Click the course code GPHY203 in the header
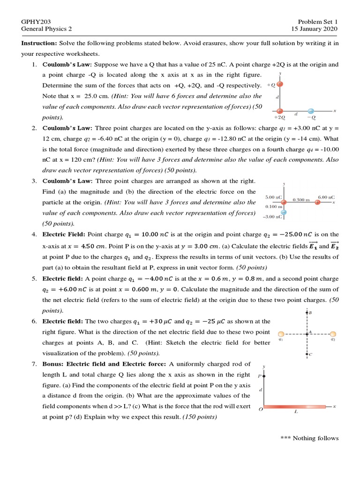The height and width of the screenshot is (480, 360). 36,22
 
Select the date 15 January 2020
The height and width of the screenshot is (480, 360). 314,29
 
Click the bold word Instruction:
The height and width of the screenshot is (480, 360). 39,43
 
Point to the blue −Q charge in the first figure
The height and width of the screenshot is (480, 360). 310,111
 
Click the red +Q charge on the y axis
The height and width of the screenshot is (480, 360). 280,84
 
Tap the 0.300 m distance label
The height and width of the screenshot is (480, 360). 301,200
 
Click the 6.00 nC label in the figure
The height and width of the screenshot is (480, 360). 326,197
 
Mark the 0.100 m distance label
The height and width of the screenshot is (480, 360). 274,207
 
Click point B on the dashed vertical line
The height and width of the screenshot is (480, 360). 307,312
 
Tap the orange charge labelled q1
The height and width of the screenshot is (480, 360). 281,333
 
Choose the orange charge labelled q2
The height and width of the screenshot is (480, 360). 333,333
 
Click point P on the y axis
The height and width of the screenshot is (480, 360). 264,375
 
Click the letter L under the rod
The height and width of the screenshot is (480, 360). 296,412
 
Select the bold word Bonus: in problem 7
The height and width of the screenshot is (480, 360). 53,364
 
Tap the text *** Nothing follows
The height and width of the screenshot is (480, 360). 309,438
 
